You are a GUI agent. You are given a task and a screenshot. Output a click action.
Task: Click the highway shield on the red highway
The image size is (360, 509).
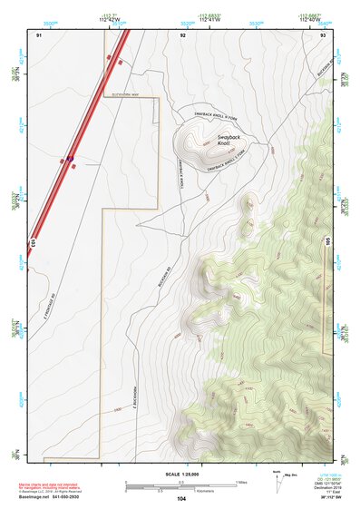(x=69, y=160)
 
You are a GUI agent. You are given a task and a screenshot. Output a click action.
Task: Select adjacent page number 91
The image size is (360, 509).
(x=39, y=34)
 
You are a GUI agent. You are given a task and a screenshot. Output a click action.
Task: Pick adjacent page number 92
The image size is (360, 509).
(x=183, y=34)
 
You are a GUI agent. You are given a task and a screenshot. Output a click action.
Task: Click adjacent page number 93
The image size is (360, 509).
(x=323, y=34)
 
